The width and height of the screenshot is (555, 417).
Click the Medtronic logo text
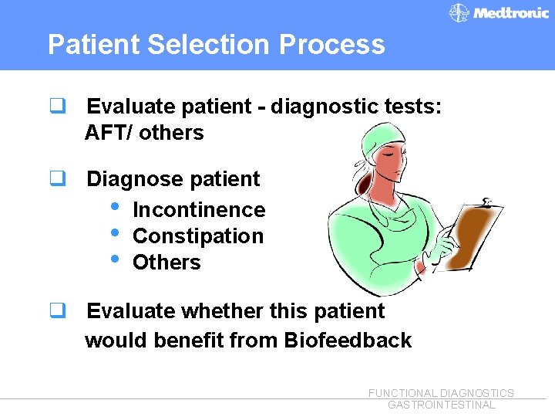511,13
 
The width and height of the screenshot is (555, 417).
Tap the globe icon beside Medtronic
459,13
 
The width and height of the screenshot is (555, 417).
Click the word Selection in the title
210,44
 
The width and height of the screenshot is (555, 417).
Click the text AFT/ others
144,133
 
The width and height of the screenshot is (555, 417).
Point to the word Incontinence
199,210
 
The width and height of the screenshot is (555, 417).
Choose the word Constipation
198,236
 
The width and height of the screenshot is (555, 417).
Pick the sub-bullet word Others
166,263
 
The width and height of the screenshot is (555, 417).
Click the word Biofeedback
348,340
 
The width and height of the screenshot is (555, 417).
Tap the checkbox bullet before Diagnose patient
56,178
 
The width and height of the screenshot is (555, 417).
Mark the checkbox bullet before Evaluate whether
56,310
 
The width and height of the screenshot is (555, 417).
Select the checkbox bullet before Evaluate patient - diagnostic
56,106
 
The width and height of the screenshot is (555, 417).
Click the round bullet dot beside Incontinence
115,208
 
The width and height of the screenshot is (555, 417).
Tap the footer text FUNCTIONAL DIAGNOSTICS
441,393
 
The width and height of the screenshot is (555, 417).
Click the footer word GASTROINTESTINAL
441,405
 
